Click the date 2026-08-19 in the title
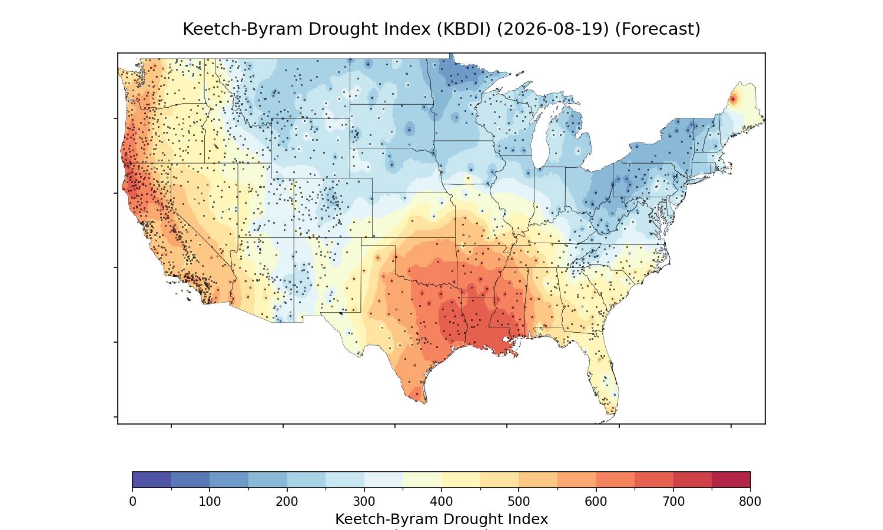pos(553,29)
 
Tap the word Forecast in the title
pos(658,29)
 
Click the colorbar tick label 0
pos(133,502)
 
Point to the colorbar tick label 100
pos(210,502)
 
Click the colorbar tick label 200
pos(287,502)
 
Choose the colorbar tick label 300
pos(364,502)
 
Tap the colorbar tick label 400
pos(441,502)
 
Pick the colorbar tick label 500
pos(519,502)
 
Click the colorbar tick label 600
pos(596,502)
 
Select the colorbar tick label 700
pos(673,502)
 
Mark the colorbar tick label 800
pos(750,502)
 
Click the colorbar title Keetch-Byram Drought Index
pos(441,519)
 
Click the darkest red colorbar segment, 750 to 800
pos(731,479)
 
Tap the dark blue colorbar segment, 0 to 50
pos(152,479)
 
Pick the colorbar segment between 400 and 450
pos(461,479)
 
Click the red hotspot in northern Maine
pos(733,100)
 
